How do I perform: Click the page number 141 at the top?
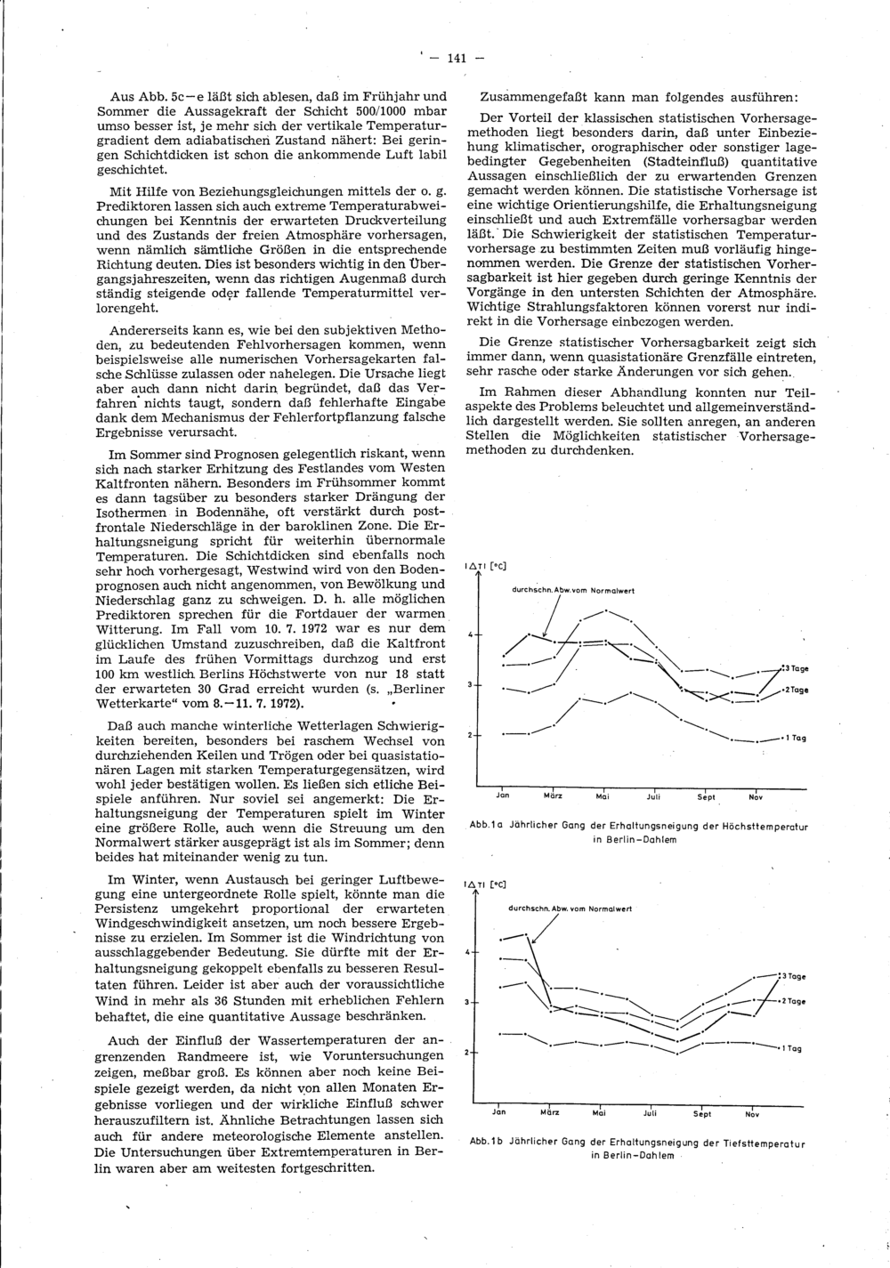point(456,59)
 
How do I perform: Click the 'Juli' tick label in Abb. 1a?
point(654,797)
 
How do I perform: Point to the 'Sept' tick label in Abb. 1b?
point(702,1113)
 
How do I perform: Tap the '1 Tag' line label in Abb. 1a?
point(794,738)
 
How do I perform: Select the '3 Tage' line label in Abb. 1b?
point(794,976)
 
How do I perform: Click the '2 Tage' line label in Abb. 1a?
point(795,691)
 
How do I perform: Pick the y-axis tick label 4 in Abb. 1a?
point(471,634)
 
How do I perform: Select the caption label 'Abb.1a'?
point(487,827)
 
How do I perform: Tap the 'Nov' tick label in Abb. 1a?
point(756,797)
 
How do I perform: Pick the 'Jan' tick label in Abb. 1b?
point(499,1111)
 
